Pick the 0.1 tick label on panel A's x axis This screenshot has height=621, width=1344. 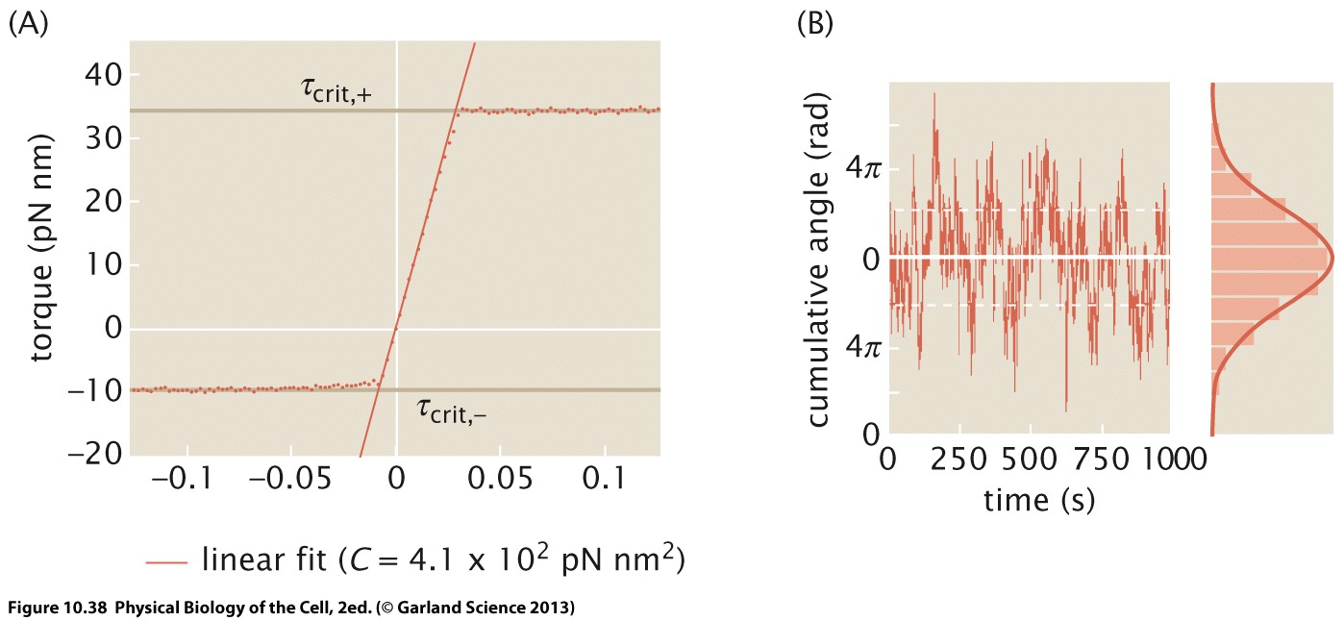[604, 479]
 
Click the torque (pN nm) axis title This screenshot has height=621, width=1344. [41, 248]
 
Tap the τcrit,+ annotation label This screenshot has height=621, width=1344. [334, 91]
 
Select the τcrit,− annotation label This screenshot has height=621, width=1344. [457, 410]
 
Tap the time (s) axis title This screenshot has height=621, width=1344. [1028, 499]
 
